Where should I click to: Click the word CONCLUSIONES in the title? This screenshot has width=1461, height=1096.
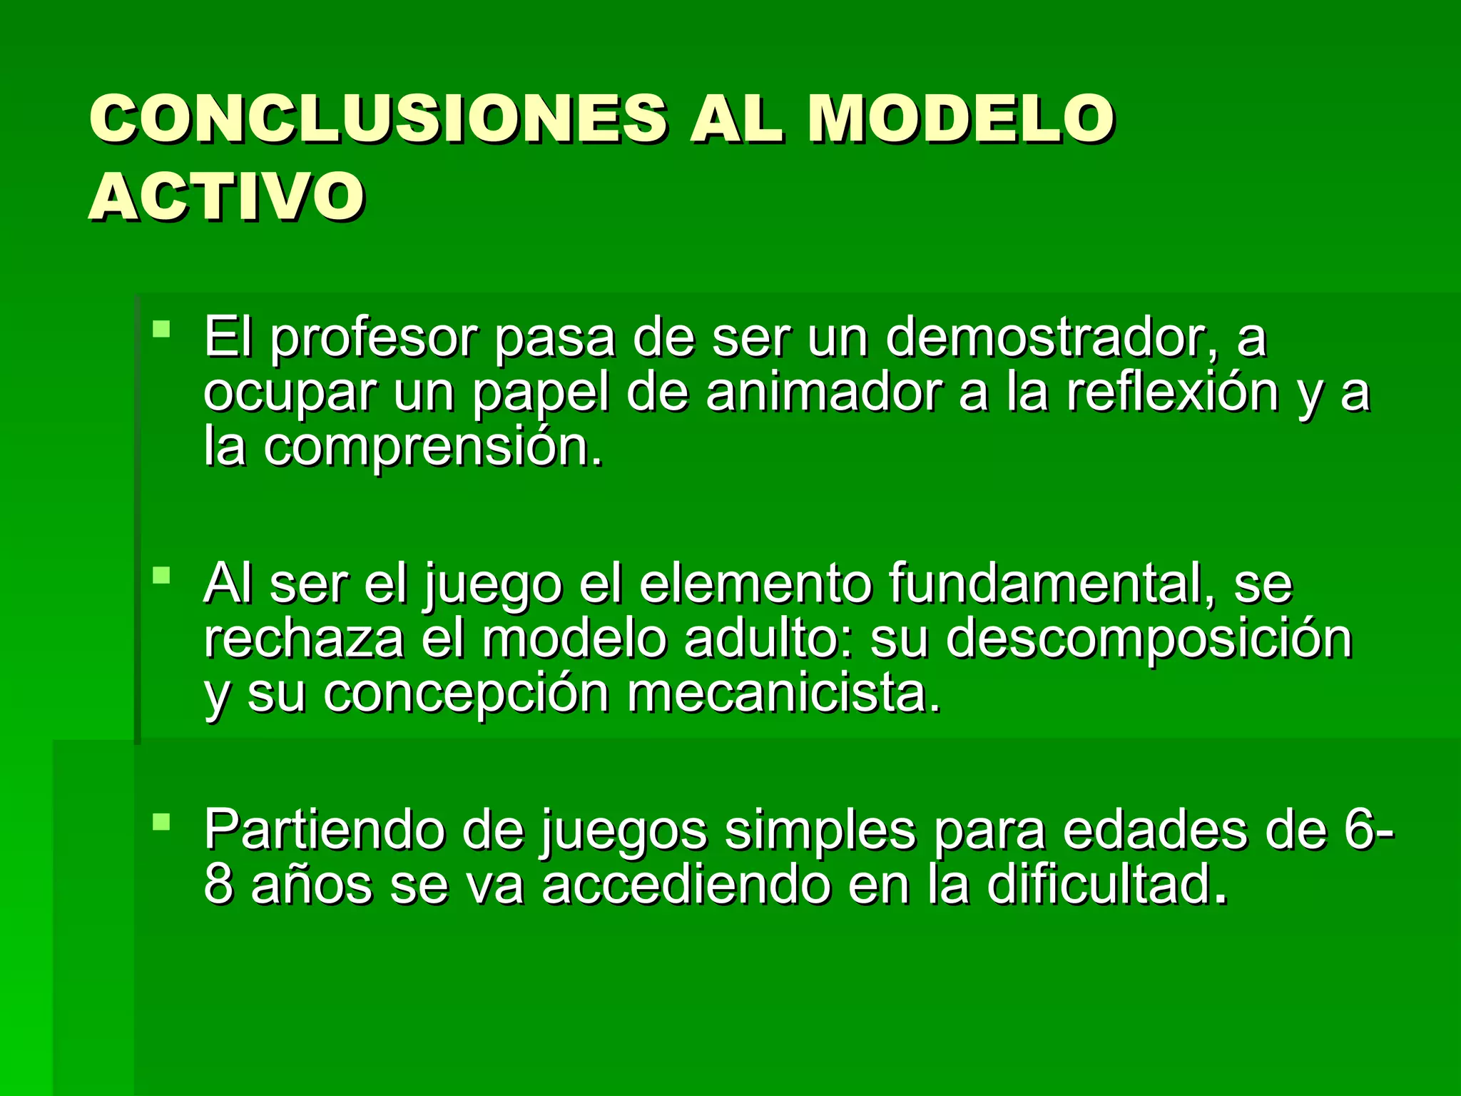point(378,119)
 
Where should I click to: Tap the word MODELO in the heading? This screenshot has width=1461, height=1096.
point(960,119)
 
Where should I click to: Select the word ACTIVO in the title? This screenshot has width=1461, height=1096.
point(227,196)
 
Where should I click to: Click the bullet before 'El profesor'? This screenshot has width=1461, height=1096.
point(162,330)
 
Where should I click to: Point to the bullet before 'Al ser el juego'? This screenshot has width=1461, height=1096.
point(162,575)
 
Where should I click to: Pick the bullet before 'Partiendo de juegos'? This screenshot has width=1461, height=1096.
point(162,821)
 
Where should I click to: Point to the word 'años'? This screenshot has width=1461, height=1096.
point(312,885)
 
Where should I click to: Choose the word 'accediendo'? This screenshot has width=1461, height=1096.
point(686,885)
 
